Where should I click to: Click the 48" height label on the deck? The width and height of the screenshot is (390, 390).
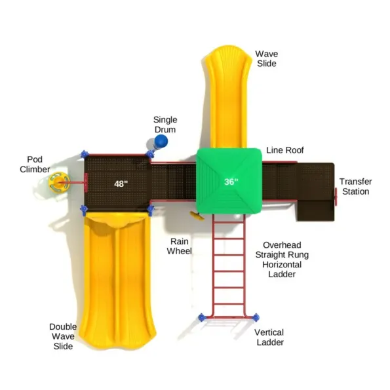pos(121,184)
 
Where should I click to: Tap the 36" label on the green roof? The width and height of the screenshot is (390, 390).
pos(231,182)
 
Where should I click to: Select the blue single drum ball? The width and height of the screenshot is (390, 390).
pos(161,141)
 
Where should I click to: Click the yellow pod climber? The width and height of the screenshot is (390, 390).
pos(59,183)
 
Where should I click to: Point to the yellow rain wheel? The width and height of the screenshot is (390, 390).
pos(197,216)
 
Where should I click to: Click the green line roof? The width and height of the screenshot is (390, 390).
pos(229,181)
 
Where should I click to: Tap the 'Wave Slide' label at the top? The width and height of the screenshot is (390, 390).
pos(267,59)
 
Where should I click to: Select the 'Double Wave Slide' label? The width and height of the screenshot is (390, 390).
pos(63,336)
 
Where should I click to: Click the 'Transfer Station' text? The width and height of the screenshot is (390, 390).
pos(356,187)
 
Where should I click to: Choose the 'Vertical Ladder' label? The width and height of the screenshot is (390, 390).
pos(269,338)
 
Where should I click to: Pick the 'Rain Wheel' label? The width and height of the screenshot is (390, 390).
pos(179,246)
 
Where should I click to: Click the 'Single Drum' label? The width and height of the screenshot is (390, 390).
pos(165,125)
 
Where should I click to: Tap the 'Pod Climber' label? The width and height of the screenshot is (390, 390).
pos(35,165)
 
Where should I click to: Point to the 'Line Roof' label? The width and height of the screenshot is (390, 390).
pos(285,150)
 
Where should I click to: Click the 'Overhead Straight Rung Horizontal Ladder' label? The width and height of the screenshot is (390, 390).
pos(282,260)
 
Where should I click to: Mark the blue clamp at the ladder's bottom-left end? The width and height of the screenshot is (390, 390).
pos(202,318)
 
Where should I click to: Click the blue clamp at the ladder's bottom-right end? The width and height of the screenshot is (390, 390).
pos(256,318)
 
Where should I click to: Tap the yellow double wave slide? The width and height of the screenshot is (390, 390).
pos(117,280)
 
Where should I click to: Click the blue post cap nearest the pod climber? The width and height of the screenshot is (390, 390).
pos(85,155)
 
